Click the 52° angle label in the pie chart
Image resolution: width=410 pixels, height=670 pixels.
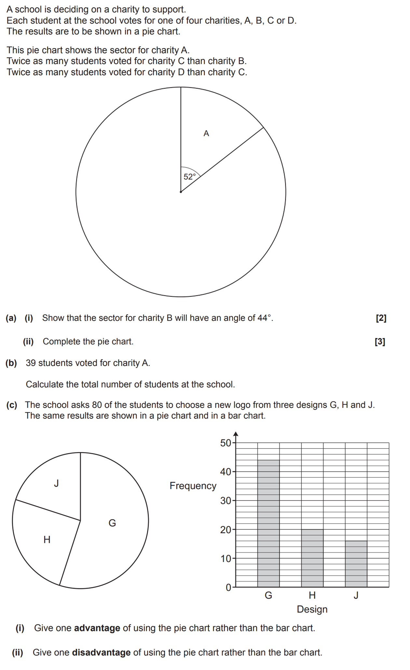(190, 177)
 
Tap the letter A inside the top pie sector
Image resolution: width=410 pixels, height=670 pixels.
(206, 133)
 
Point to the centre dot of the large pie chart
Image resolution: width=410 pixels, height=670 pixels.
(181, 192)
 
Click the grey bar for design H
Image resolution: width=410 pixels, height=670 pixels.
(312, 558)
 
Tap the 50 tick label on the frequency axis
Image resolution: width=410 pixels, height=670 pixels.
(225, 443)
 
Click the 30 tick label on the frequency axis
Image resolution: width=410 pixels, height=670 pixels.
(225, 501)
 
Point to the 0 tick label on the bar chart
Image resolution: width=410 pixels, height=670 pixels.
(228, 587)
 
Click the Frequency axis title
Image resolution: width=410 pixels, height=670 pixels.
(193, 486)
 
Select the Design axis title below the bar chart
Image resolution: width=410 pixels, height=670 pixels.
(312, 609)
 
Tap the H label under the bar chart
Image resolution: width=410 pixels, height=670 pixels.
(312, 595)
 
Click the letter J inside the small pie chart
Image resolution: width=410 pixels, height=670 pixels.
(57, 483)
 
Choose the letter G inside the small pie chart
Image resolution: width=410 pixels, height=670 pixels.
(112, 523)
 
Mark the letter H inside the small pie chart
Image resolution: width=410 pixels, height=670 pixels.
(47, 540)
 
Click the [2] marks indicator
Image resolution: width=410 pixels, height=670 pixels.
(381, 318)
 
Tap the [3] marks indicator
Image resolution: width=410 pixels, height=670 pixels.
(380, 342)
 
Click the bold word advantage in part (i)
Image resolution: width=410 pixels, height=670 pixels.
(97, 628)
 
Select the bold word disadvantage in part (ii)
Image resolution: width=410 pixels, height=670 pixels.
(101, 653)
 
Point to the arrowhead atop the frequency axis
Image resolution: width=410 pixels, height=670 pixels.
(236, 434)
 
